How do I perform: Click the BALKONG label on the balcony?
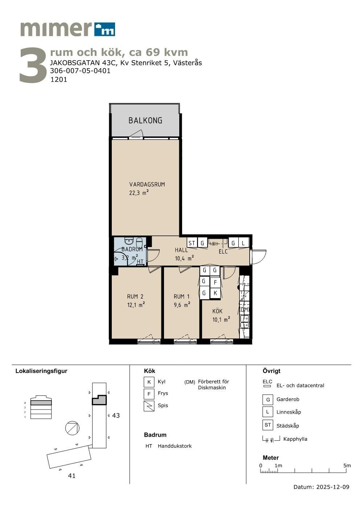point(145,120)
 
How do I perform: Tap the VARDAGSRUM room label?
point(147,184)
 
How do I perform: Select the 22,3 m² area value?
point(139,193)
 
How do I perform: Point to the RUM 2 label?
point(135,296)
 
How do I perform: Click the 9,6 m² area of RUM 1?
point(182,304)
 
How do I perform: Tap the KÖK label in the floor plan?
point(217,311)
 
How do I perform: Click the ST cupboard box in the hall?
point(192,243)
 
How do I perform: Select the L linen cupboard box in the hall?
point(244,243)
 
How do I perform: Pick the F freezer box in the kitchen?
point(215,282)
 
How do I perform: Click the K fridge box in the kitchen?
point(215,293)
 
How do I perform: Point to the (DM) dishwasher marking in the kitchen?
point(245,309)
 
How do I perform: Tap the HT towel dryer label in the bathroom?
point(140,262)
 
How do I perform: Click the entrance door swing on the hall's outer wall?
point(258,257)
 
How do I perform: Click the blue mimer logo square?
point(105,29)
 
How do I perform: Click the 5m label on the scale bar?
point(347,465)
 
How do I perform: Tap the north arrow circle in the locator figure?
point(72,428)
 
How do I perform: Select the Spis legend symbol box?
point(149,406)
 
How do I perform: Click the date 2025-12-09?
point(333,487)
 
